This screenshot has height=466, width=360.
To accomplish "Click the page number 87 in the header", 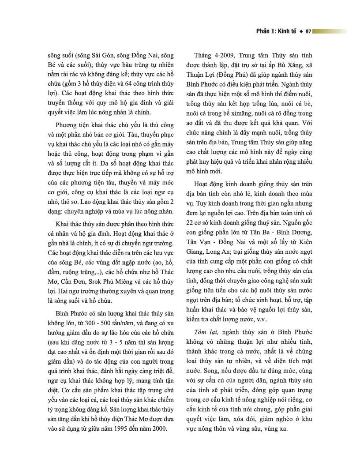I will [308, 32].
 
